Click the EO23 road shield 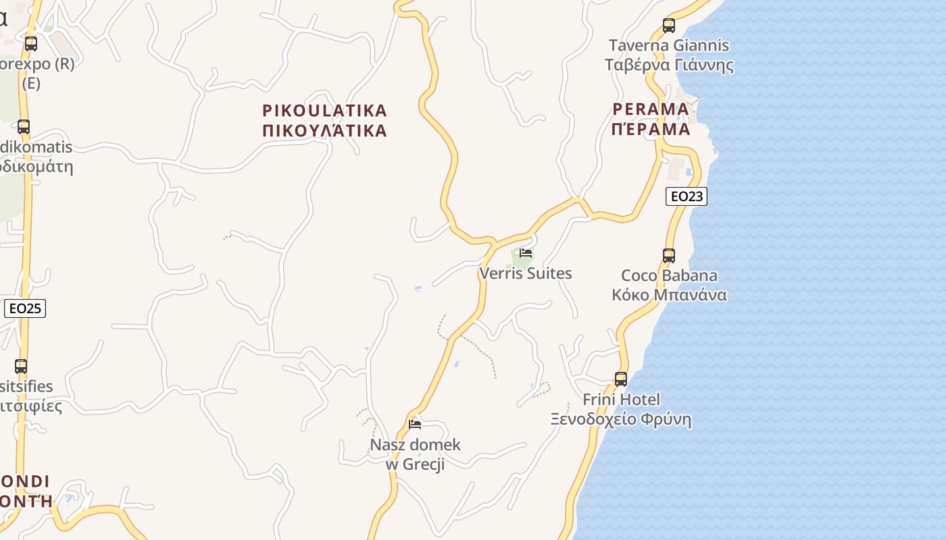686,196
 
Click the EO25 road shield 25,308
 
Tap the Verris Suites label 526,273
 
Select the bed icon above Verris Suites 526,254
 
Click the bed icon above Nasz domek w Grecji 415,424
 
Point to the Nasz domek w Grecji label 415,454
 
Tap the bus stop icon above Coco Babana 669,256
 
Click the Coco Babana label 669,275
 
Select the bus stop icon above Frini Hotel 621,379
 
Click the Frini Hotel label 621,400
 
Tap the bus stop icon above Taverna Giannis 669,26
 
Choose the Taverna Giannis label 669,45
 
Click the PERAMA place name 651,109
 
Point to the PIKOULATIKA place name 324,110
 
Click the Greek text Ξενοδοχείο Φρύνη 621,420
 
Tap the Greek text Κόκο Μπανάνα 669,295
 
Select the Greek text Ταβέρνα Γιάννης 669,65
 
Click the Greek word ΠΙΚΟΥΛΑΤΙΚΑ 324,130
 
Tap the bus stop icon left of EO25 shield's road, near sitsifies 21,367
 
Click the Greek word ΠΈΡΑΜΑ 651,129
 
